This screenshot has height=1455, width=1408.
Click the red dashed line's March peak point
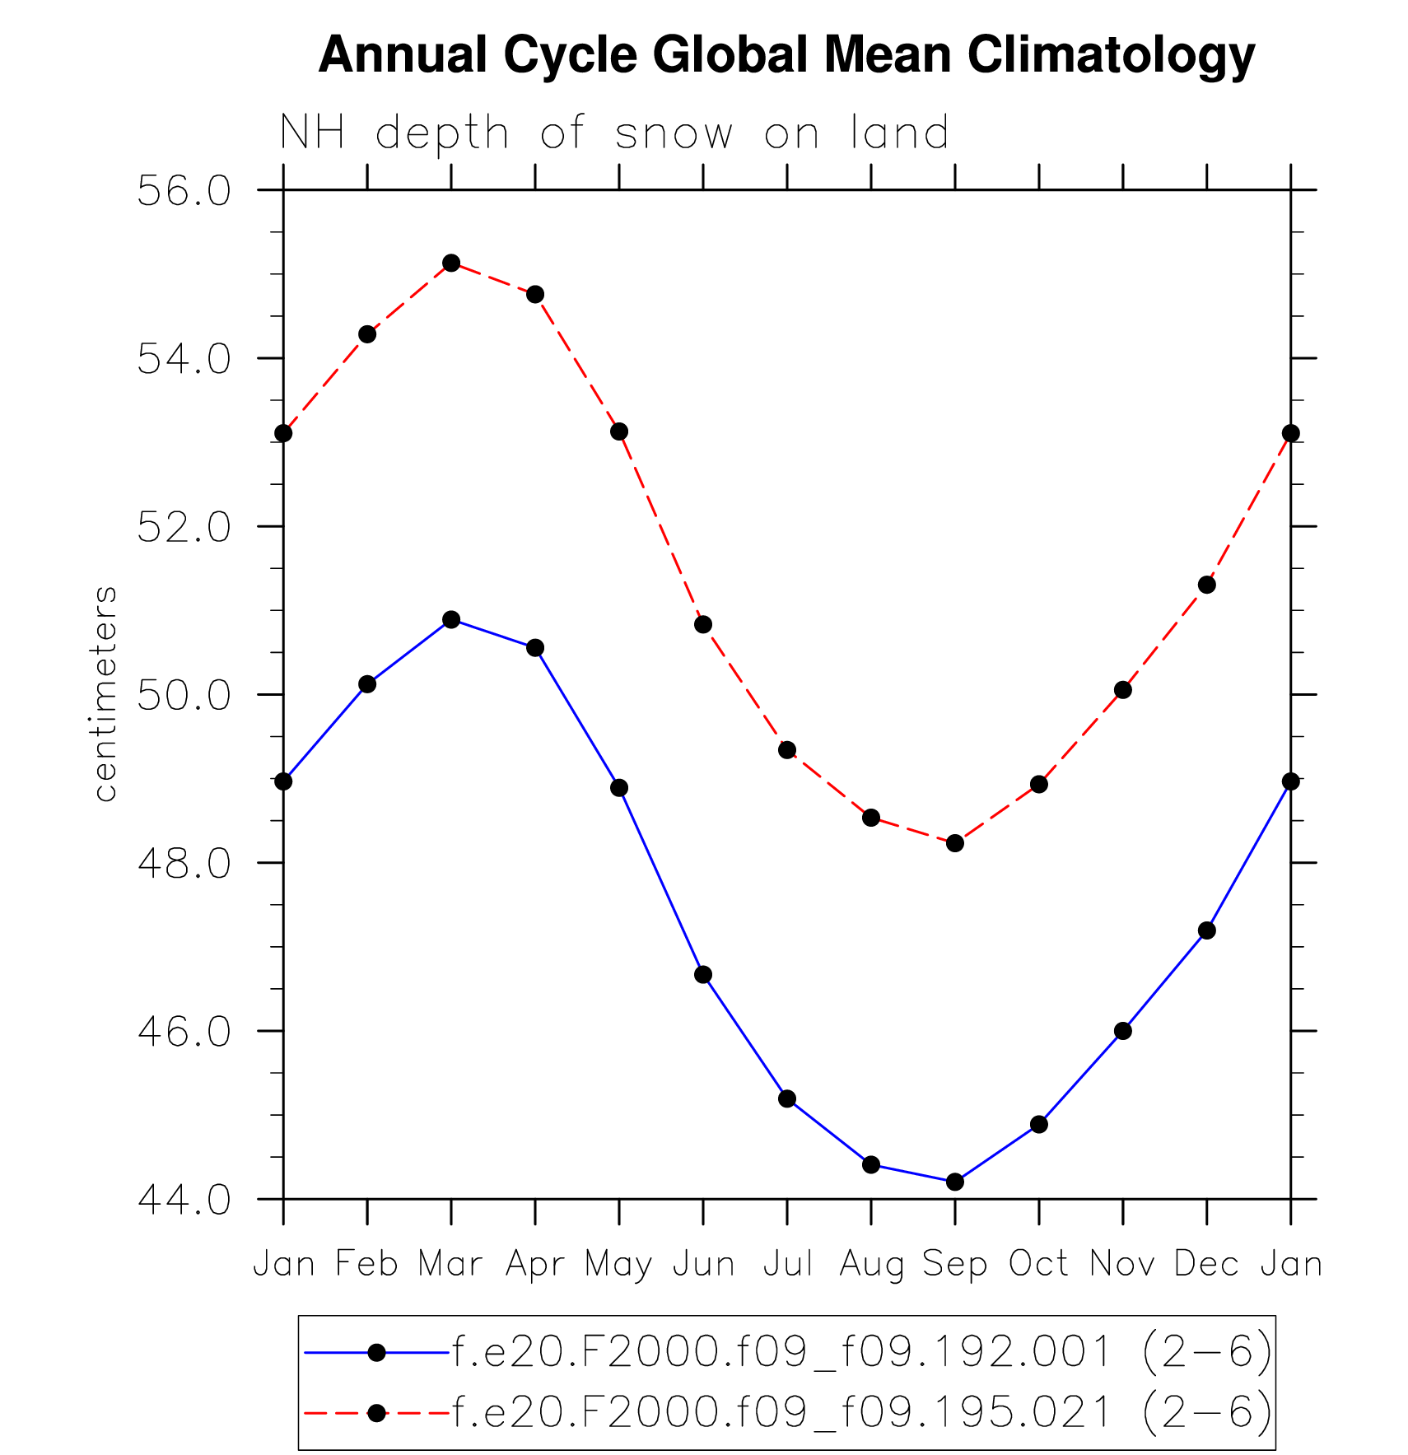451,263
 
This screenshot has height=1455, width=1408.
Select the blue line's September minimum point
955,1182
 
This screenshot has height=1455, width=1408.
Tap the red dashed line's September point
955,843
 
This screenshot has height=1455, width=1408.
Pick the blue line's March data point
451,619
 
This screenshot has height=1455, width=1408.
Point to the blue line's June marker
703,975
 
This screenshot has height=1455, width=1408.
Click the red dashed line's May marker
619,431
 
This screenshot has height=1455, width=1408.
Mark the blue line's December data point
1207,930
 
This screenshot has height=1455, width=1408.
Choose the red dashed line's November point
1123,690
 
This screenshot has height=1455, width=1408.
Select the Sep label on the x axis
955,1264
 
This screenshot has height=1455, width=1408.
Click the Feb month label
367,1264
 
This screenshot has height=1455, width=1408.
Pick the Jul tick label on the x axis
788,1264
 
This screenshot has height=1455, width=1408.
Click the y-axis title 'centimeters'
105,693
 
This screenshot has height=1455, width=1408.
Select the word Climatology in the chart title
1111,55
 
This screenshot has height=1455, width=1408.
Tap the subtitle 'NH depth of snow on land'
614,133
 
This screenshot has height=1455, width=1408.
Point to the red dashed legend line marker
377,1413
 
